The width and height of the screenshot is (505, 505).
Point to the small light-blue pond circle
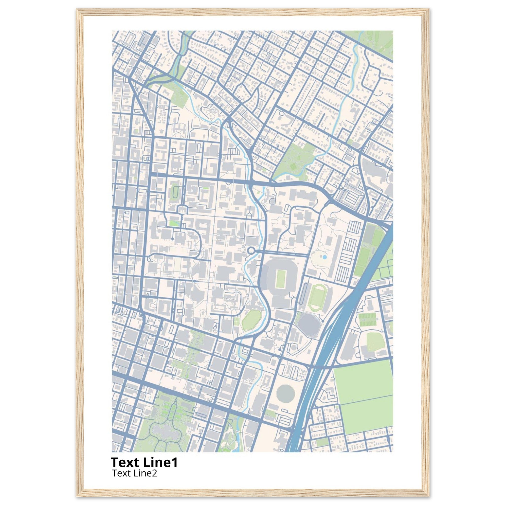tap(325, 257)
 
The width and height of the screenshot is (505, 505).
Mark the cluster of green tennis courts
tap(367, 320)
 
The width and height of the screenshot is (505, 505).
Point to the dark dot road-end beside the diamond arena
tap(323, 321)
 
